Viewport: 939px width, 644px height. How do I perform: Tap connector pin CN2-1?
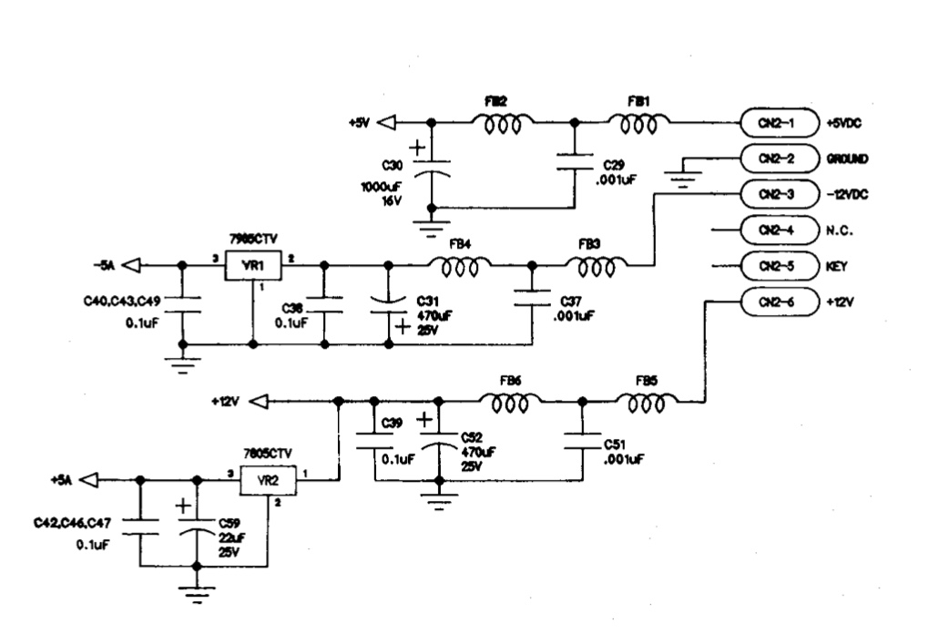point(775,122)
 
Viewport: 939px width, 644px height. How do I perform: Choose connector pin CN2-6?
point(775,301)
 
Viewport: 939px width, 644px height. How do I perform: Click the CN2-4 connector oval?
point(775,230)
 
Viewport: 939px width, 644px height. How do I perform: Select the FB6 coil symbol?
point(510,402)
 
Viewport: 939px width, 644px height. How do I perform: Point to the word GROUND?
point(847,158)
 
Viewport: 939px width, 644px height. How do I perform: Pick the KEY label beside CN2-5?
point(836,266)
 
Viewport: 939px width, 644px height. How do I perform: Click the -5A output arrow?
point(131,265)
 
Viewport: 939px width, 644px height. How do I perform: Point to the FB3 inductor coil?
point(596,266)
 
